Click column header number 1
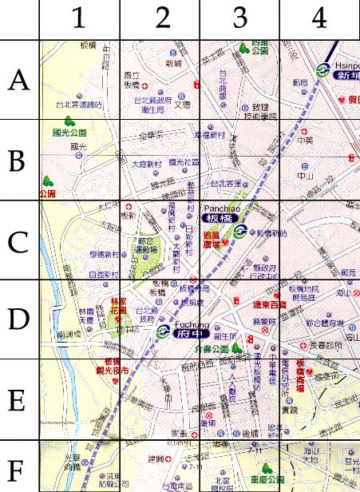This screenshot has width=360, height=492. [x=78, y=18]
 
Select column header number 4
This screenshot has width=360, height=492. [x=319, y=18]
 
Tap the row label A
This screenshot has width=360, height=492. [x=19, y=80]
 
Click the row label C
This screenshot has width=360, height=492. [x=19, y=240]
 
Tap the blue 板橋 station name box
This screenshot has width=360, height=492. [x=220, y=217]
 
